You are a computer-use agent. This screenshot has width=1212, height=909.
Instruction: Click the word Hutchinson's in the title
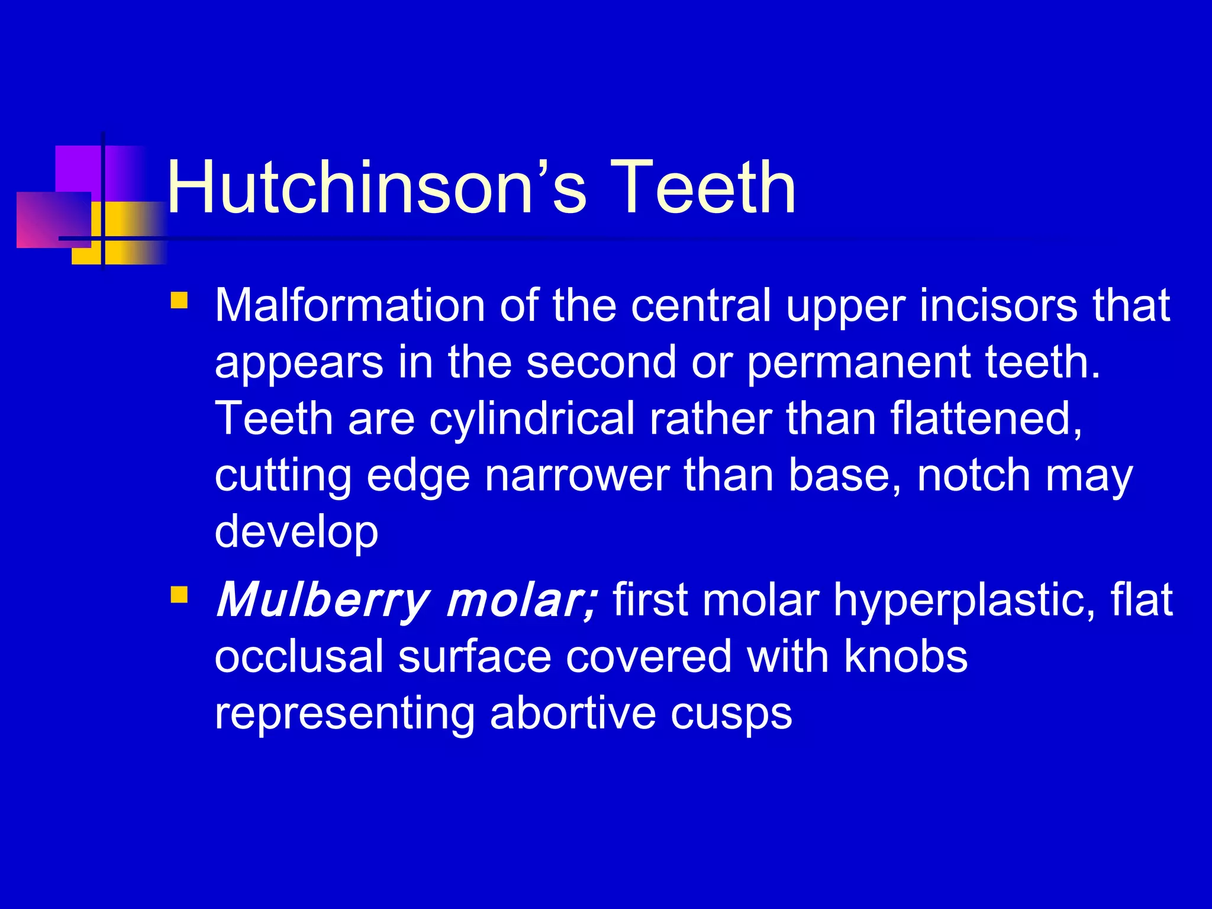coord(376,188)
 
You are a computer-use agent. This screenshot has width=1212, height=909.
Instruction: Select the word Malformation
coord(350,306)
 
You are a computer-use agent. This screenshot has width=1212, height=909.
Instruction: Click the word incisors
coord(998,306)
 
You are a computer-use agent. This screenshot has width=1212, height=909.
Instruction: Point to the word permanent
coord(858,363)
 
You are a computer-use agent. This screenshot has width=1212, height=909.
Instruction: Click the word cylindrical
coord(532,419)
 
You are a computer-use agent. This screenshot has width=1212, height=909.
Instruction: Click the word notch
coord(974,476)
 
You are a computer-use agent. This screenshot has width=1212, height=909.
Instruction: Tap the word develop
coord(296,532)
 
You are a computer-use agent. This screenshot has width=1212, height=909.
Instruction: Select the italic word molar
coord(521,600)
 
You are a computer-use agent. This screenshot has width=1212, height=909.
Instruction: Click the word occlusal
coord(299,656)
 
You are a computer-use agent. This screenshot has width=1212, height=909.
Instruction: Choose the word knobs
coord(905,656)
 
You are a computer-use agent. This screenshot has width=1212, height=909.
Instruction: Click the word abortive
coord(573,713)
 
